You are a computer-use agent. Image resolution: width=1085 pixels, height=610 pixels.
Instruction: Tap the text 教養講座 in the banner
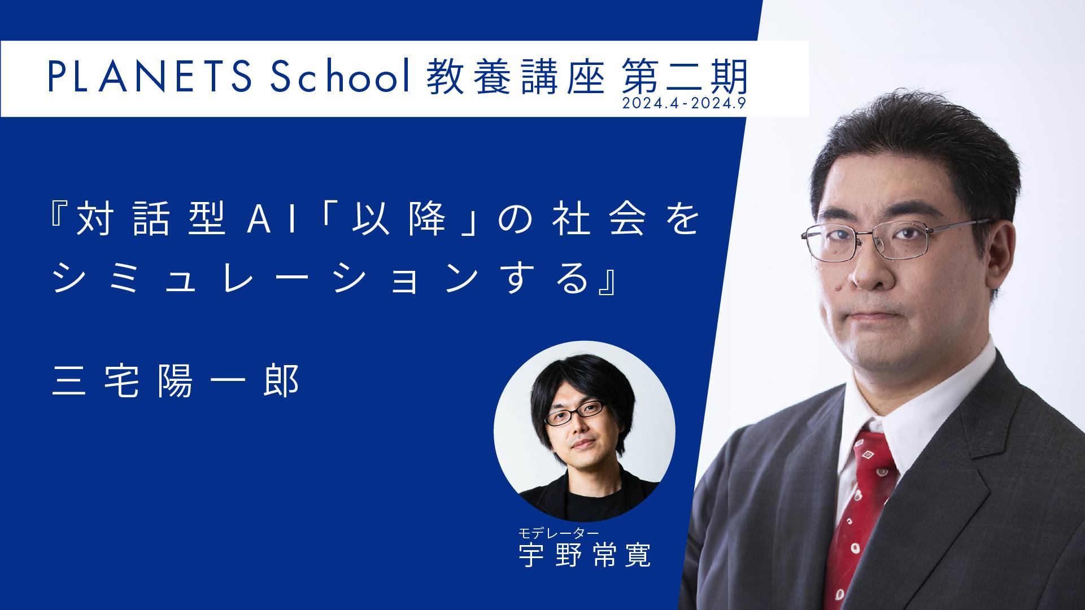(x=516, y=78)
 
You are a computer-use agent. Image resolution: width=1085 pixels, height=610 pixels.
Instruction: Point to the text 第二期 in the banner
(x=684, y=78)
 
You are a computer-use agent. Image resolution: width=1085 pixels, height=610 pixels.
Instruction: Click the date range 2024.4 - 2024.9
(x=684, y=104)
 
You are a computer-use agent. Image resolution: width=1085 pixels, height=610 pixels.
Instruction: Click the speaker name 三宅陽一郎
(x=175, y=383)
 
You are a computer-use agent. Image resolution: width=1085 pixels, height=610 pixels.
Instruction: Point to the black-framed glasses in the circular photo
(x=574, y=413)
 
